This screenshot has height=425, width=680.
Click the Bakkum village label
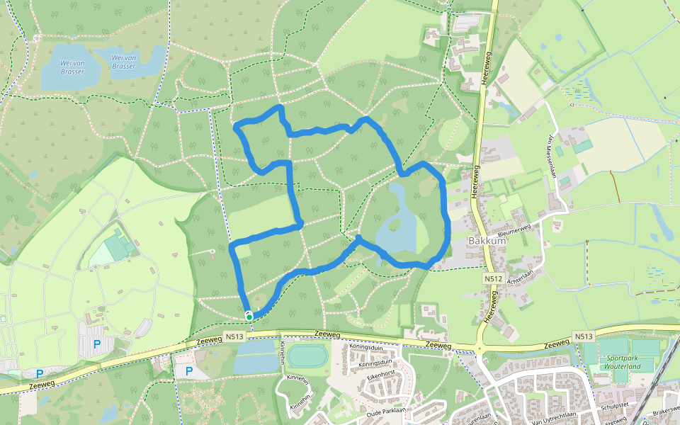coord(487,241)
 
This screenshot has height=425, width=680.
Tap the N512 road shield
coord(494,279)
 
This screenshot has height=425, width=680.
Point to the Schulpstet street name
coord(616,404)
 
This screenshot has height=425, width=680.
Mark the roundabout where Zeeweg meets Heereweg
coord(479,348)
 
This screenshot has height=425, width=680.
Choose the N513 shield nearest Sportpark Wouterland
coord(583,337)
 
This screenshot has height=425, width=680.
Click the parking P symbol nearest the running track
coord(188,370)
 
